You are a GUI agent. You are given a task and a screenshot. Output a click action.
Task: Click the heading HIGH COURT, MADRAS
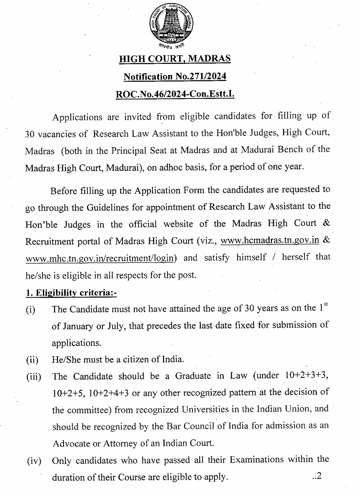coord(175,59)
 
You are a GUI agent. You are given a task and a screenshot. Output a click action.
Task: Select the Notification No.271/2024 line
coord(175,77)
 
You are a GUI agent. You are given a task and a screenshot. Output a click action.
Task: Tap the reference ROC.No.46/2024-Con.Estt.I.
coord(175,94)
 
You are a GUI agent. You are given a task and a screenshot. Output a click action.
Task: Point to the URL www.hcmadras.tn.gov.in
coord(270,240)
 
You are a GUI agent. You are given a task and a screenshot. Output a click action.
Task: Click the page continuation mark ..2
coord(316,477)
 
